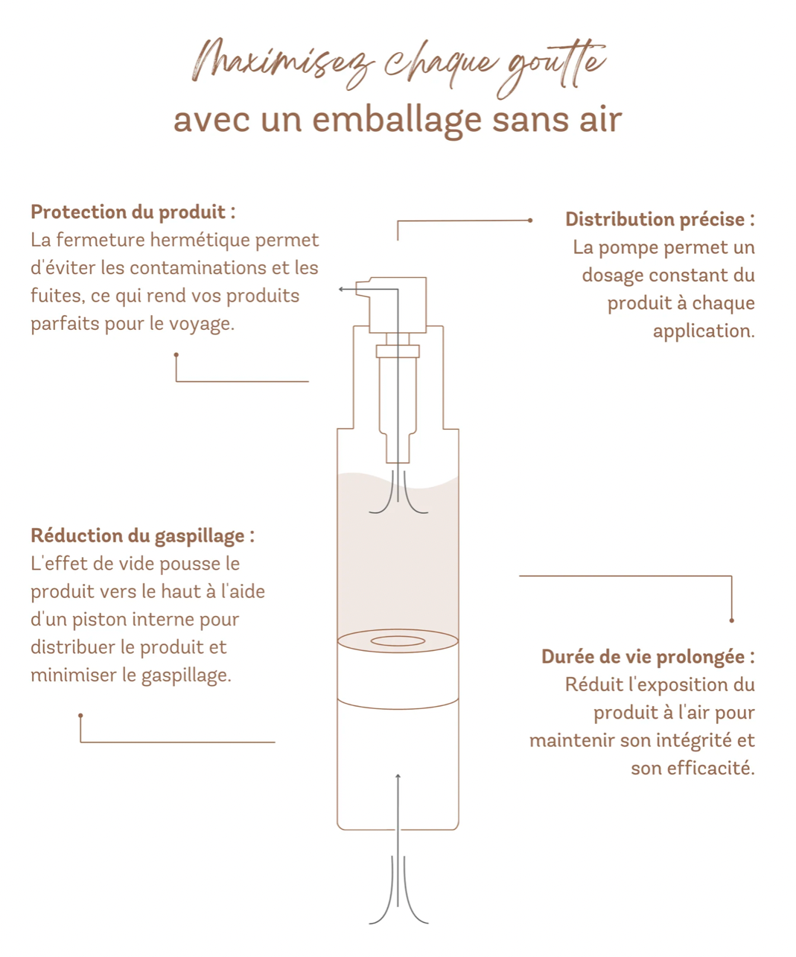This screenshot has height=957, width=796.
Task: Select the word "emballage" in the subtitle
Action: click(397, 121)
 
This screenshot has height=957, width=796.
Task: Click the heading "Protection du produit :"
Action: click(133, 212)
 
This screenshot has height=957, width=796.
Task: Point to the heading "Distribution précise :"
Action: click(660, 219)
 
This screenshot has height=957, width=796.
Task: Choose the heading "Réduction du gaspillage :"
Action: click(142, 536)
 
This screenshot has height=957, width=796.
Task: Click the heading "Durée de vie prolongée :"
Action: click(648, 657)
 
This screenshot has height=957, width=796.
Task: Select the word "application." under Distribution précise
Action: click(704, 331)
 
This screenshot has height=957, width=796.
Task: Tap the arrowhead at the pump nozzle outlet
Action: click(341, 289)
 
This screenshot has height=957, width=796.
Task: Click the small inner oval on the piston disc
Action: click(398, 640)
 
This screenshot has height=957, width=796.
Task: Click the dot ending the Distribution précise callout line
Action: click(530, 220)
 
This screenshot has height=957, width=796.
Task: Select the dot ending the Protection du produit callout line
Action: click(176, 354)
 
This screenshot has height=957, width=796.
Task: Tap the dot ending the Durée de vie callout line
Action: click(731, 620)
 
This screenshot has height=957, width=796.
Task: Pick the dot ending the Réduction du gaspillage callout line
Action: click(80, 716)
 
